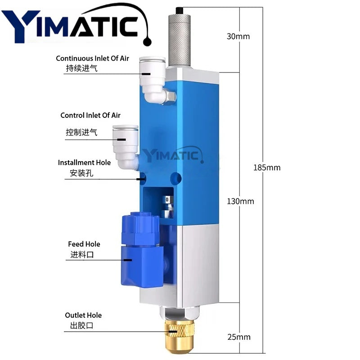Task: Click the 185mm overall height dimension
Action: click(267, 167)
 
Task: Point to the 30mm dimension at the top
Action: click(238, 36)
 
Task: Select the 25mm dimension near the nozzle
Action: click(239, 337)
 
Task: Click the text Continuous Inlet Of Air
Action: click(92, 58)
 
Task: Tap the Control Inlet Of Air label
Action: click(90, 116)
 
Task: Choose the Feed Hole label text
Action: click(84, 244)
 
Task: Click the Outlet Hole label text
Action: click(83, 315)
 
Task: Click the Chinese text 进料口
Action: click(81, 255)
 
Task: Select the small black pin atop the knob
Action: click(179, 10)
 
